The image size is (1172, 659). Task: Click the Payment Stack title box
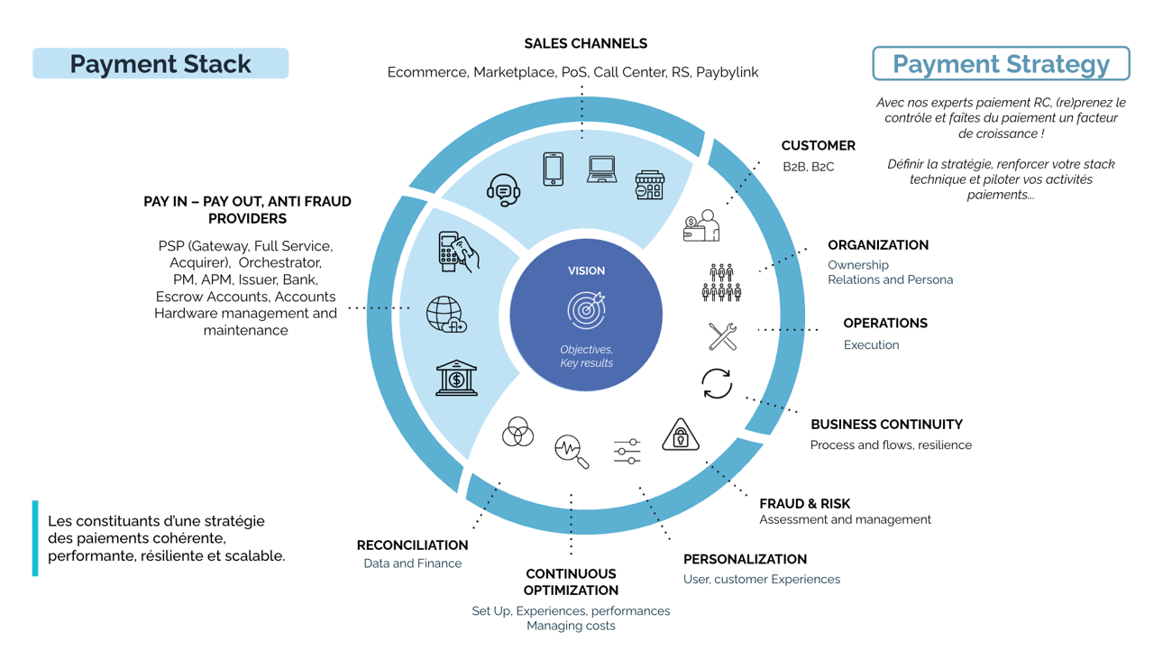coord(160,64)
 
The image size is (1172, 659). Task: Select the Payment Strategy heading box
coord(1001,64)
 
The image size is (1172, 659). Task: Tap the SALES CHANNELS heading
coord(585,43)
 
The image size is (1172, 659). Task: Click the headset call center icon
coord(503,190)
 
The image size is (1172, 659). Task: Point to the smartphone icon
coord(554,169)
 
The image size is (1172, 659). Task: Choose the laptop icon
coord(601,169)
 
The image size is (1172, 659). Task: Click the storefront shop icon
coord(649,185)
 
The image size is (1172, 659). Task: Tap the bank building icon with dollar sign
coord(456,378)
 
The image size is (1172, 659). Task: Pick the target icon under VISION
coord(586,310)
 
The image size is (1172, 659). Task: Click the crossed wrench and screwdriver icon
coord(722,336)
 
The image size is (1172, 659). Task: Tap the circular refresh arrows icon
coord(717,383)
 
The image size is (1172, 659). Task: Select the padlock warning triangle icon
coord(681,435)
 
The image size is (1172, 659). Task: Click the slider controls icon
coord(627,451)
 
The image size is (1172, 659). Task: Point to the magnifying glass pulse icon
coord(572,451)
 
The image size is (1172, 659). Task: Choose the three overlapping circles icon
coord(517,433)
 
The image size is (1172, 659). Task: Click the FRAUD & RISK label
coord(804,504)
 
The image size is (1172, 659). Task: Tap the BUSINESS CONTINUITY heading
coord(886,425)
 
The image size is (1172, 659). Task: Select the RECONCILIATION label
coord(412,545)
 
